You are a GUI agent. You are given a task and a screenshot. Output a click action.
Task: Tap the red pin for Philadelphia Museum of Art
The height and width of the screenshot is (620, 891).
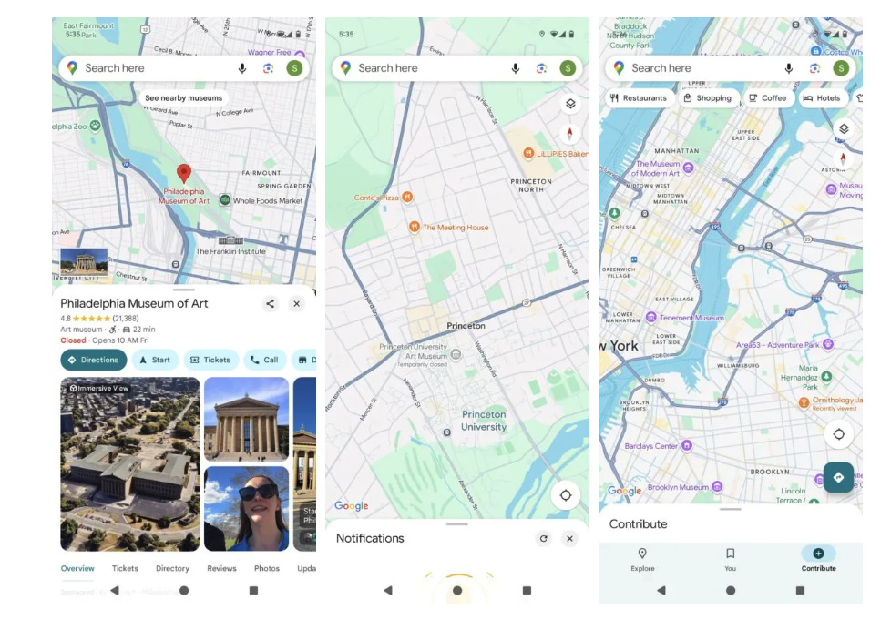[183, 173]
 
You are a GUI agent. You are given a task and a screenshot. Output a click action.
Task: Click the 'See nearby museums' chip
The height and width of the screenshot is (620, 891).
[183, 98]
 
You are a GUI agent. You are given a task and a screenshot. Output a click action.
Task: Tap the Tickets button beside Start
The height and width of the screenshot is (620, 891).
[210, 360]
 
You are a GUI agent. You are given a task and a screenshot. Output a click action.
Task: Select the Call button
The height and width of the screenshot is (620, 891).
[264, 360]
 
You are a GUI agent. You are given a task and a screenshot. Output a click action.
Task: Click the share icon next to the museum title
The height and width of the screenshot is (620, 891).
[270, 304]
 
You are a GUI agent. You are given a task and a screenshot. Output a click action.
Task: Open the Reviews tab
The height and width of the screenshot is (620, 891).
[221, 568]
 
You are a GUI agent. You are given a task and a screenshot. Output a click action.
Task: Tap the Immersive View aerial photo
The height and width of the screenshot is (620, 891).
[130, 463]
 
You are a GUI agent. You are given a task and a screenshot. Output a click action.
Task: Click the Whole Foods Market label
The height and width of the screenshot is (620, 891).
[267, 200]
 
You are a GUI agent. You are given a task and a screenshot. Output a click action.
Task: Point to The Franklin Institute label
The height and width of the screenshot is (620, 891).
[230, 251]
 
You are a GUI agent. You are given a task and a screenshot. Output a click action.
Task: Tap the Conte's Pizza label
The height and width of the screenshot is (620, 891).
[376, 197]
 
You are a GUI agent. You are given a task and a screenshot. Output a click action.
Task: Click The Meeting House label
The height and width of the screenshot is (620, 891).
[456, 228]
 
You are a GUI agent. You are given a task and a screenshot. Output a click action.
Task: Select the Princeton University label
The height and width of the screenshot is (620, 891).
[483, 421]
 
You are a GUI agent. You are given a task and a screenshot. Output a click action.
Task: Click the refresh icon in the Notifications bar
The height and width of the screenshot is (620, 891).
[544, 538]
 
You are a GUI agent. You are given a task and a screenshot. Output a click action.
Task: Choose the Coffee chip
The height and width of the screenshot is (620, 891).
[767, 98]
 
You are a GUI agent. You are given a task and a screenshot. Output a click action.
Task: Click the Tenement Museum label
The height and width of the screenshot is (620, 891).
[691, 318]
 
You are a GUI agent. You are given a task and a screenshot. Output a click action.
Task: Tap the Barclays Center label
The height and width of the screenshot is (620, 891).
[651, 446]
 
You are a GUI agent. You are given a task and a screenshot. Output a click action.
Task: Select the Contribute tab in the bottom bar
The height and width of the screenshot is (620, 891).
[818, 559]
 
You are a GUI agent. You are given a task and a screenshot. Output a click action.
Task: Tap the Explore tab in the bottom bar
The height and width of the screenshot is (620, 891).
[642, 559]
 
